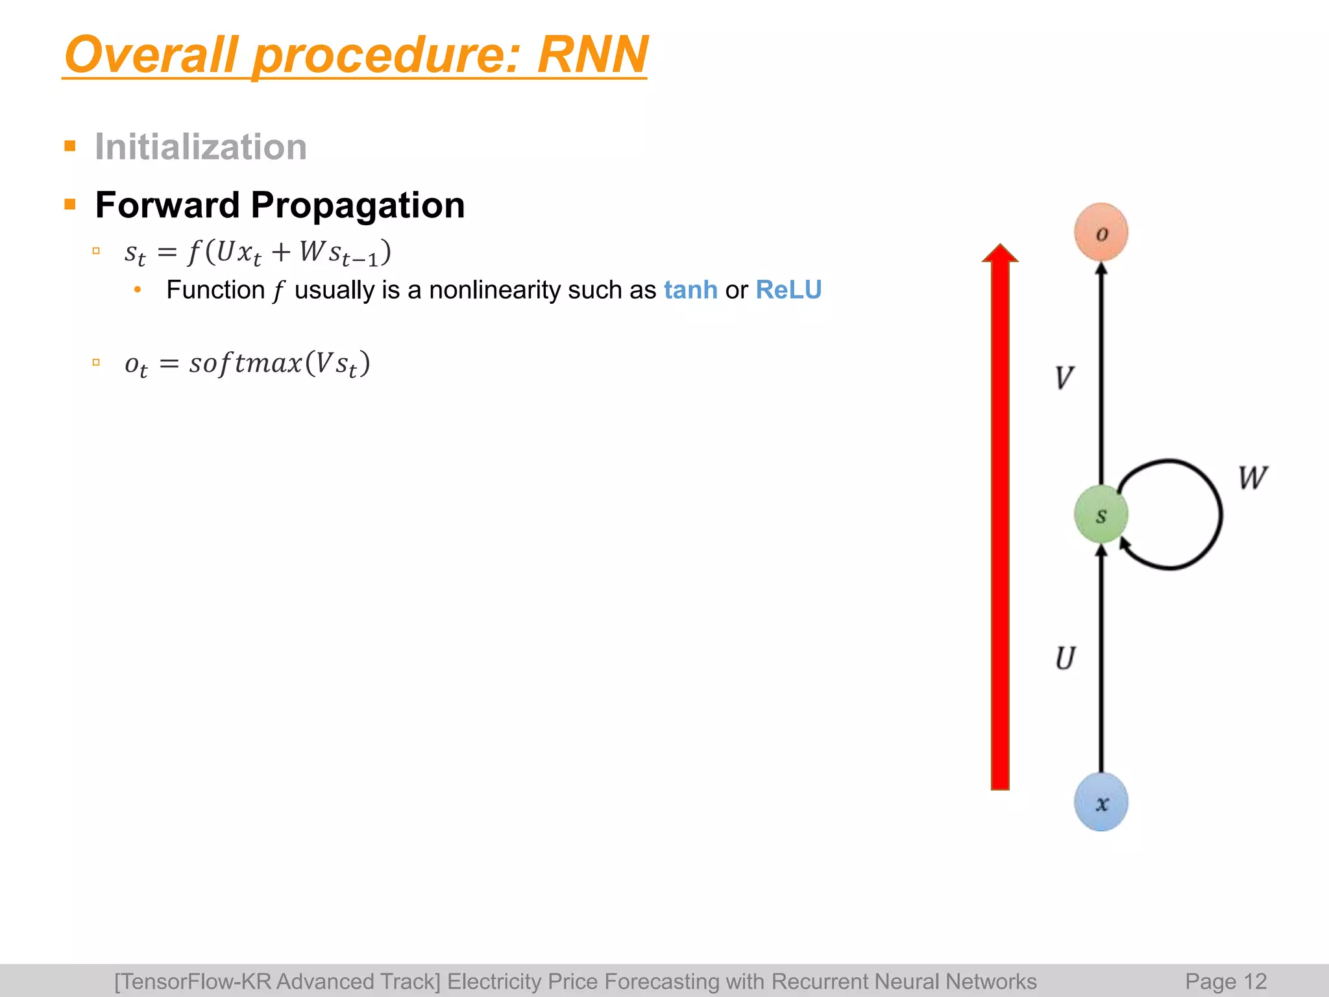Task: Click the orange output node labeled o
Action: (x=1101, y=232)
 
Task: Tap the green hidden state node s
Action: (x=1101, y=515)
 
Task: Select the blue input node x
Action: (x=1101, y=802)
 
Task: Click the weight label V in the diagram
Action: (x=1064, y=377)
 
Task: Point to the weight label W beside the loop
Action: (x=1252, y=478)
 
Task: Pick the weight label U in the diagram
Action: (x=1065, y=658)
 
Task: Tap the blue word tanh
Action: (x=690, y=290)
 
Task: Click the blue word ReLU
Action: (x=788, y=290)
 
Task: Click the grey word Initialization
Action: (x=201, y=147)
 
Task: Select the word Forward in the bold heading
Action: (x=167, y=205)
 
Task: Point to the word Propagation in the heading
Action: (x=358, y=206)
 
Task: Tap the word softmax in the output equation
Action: (x=246, y=363)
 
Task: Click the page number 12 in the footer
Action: (x=1255, y=981)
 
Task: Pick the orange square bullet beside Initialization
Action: (x=70, y=145)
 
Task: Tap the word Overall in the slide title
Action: (x=151, y=55)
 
